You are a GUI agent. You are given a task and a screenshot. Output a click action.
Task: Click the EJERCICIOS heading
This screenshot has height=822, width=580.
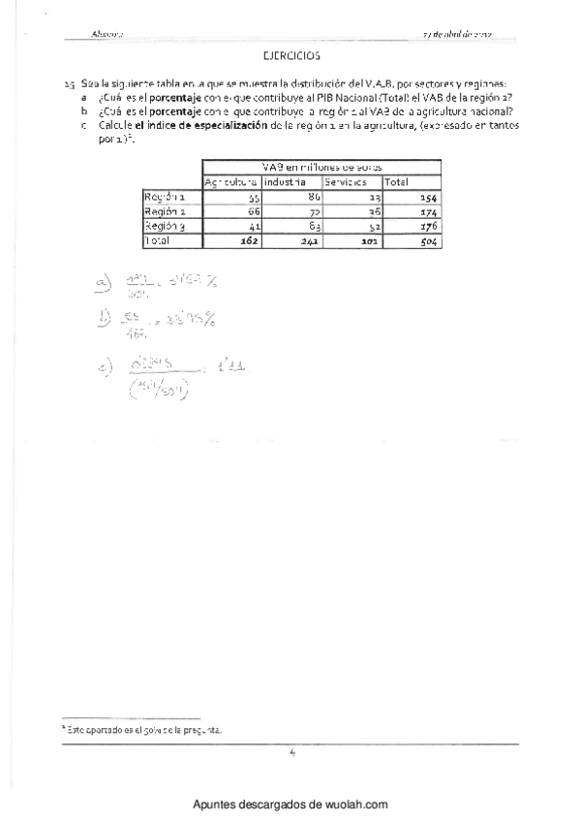[x=290, y=57]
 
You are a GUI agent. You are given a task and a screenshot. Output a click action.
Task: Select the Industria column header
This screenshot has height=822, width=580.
[x=285, y=181]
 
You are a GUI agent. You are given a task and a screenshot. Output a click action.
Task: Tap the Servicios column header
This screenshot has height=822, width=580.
[x=346, y=181]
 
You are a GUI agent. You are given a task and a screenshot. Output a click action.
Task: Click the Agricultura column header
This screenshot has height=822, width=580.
[x=230, y=181]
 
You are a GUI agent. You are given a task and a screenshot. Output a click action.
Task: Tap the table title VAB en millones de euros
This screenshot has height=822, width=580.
[x=321, y=167]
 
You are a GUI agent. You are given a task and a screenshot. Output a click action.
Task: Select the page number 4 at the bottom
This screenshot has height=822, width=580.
[x=290, y=752]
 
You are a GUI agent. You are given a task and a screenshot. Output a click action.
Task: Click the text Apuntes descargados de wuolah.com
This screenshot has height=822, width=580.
[x=290, y=804]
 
